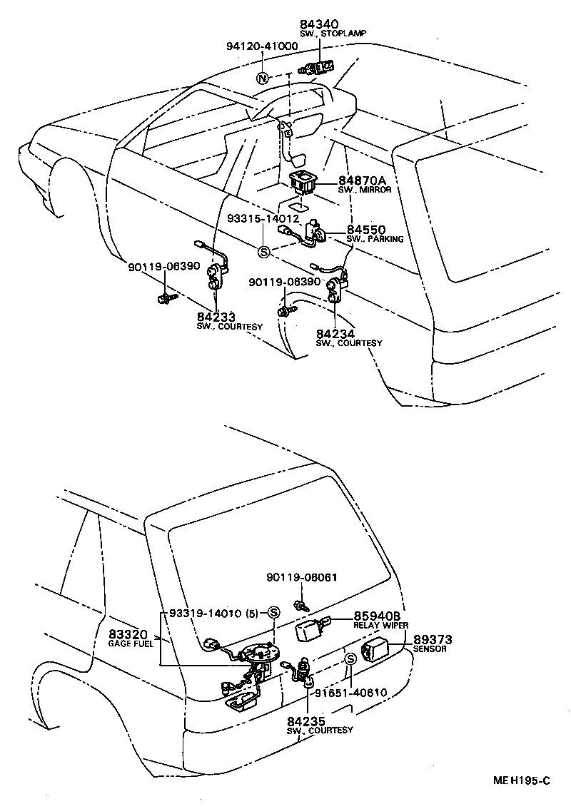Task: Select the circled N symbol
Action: [263, 78]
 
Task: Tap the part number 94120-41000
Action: [262, 46]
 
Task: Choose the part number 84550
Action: [366, 230]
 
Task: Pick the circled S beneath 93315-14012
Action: [263, 251]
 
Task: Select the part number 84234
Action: [334, 333]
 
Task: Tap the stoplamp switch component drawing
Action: [320, 68]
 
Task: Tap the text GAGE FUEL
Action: [131, 643]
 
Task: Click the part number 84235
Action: [307, 721]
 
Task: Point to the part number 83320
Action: [128, 634]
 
